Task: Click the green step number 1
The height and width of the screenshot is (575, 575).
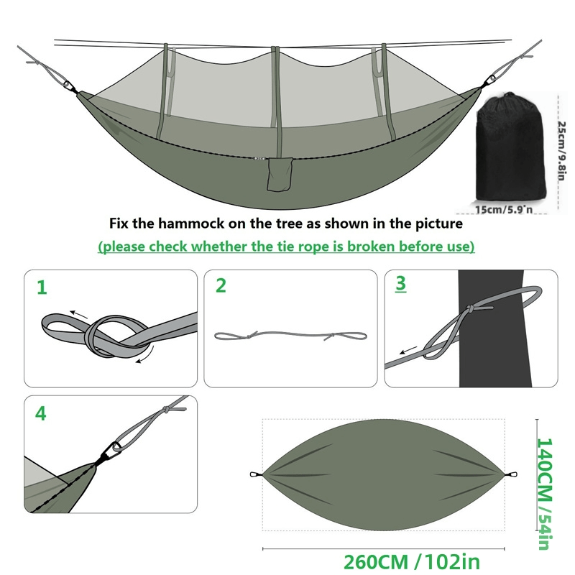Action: (x=42, y=287)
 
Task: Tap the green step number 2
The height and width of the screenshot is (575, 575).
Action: (x=221, y=285)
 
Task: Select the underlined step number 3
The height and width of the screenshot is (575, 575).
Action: (x=401, y=283)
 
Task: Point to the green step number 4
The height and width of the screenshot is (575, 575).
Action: (x=41, y=414)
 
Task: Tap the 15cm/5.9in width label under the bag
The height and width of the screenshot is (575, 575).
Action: (x=504, y=210)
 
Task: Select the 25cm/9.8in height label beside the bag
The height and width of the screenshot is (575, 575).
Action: (x=562, y=151)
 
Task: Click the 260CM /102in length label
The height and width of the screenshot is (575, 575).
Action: (x=411, y=562)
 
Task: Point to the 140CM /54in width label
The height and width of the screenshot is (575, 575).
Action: (x=545, y=494)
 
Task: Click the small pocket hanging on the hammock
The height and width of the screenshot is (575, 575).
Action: (x=280, y=174)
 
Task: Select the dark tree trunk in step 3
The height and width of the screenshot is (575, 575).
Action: (x=493, y=328)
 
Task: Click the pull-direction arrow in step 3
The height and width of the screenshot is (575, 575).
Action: (x=408, y=350)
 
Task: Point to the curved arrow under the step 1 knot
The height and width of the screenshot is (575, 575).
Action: (x=145, y=355)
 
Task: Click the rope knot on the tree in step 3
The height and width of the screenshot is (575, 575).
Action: (x=470, y=309)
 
